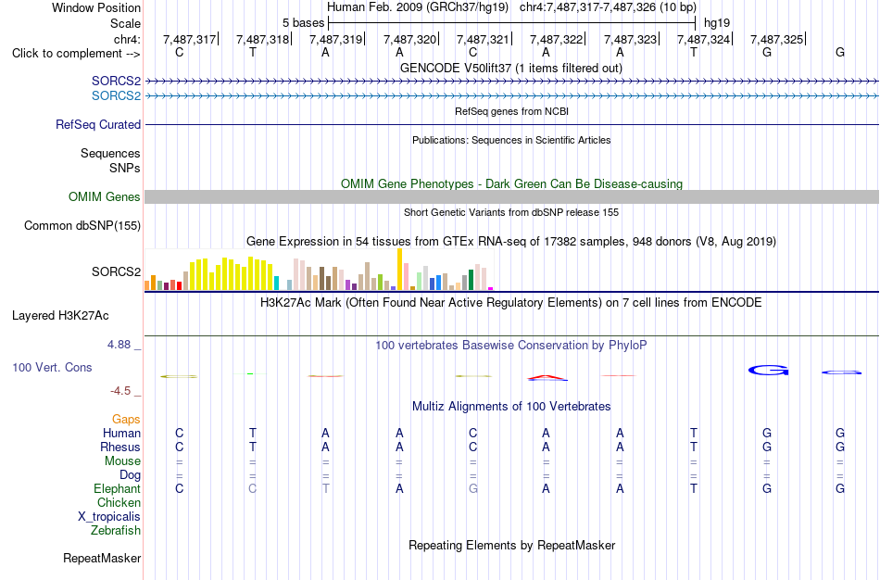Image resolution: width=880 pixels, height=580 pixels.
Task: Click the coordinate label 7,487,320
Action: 409,39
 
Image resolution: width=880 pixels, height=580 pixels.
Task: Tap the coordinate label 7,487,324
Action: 703,39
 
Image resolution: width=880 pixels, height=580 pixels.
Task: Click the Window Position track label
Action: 96,7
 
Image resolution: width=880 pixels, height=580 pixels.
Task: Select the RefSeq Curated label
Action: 98,125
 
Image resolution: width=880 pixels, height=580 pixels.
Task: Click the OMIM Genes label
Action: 105,197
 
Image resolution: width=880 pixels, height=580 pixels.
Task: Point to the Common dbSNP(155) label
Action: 82,226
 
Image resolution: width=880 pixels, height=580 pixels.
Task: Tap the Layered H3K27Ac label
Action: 60,316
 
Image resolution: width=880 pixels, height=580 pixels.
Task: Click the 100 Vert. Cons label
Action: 52,367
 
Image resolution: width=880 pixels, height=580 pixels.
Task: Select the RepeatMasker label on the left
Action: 102,558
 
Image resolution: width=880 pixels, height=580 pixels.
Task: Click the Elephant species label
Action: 118,488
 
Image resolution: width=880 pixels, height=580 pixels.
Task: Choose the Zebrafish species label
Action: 116,530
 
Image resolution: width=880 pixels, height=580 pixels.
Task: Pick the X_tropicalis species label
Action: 109,517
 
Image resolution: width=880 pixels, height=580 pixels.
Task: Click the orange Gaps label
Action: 126,420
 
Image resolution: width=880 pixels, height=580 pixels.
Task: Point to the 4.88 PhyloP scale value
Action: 119,344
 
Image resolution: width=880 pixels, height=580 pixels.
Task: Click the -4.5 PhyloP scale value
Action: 120,391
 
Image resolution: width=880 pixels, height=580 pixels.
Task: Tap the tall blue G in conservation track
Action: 768,370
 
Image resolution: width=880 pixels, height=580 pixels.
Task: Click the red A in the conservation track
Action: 547,377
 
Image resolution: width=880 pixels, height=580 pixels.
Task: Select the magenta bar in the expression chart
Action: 491,288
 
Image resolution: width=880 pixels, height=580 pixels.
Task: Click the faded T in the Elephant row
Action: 325,488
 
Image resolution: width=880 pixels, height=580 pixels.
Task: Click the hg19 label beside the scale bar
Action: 717,23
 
